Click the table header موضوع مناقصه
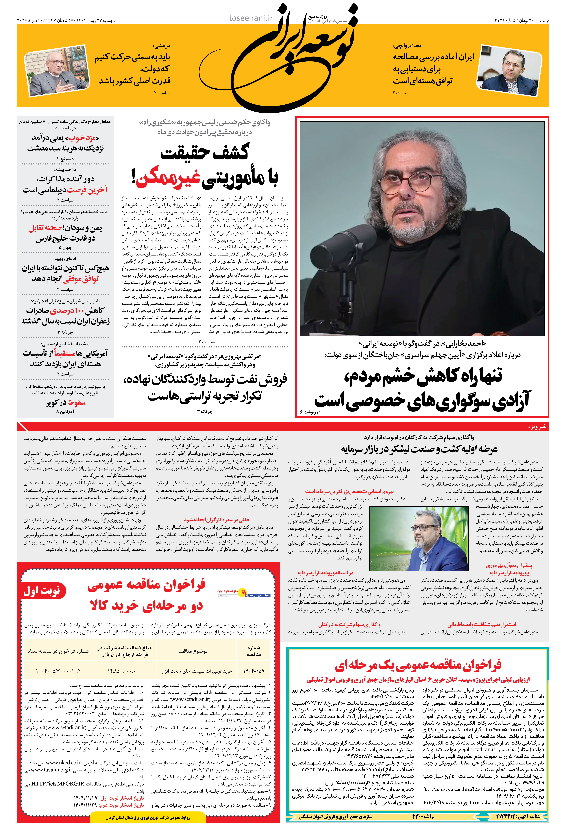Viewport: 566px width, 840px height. pos(192,651)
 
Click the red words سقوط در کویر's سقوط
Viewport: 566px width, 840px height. pos(77,403)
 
